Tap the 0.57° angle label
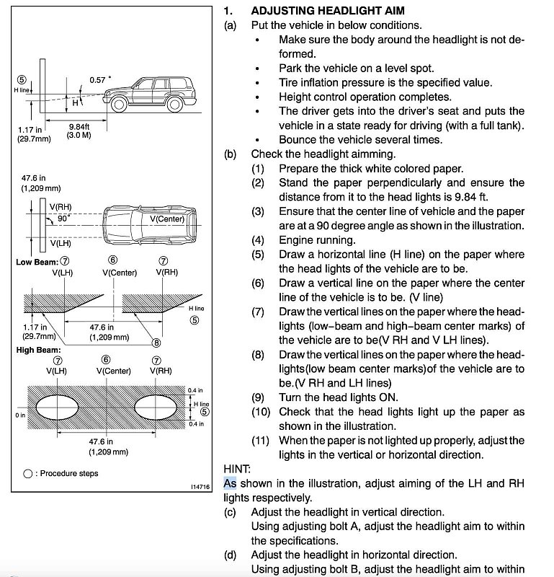101,79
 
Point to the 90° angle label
64,219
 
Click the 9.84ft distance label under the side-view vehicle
79,126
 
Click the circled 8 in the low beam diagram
156,343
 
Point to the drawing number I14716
200,487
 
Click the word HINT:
237,468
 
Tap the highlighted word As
230,483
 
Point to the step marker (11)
260,440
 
